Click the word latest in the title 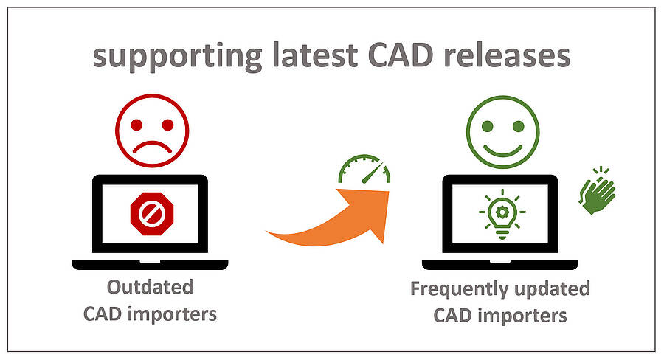pos(315,55)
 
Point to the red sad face pos(152,131)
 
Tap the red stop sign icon pos(152,214)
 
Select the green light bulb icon pos(502,214)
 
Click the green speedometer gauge pos(364,169)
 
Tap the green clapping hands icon pos(597,190)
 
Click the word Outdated pos(150,287)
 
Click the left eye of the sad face pos(136,125)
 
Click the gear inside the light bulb pos(502,212)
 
